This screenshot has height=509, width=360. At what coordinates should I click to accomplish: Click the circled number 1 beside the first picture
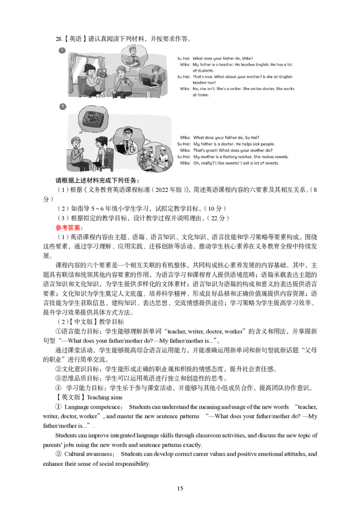coord(62,50)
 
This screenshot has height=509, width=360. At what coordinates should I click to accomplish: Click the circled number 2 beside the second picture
coord(62,106)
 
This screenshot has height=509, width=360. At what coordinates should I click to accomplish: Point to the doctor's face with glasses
coord(128,134)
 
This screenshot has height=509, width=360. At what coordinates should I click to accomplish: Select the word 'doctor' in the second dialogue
coord(227,144)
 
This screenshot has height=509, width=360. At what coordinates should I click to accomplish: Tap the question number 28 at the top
coord(59,39)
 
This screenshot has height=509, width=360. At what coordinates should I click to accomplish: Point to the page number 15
coord(180,488)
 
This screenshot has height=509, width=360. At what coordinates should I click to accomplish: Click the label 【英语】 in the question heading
coord(75,39)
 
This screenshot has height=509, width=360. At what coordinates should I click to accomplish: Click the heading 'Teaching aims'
coord(104,397)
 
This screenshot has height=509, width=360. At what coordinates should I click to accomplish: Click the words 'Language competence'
coord(92,407)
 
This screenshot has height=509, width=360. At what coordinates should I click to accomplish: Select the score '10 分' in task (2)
coord(215,209)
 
